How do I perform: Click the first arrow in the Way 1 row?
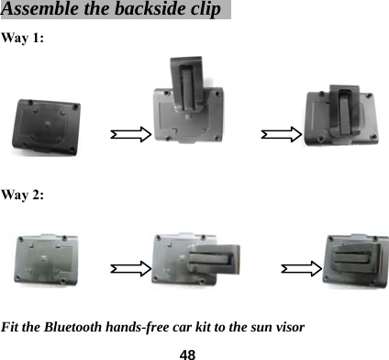128,135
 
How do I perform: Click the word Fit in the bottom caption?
13,327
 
